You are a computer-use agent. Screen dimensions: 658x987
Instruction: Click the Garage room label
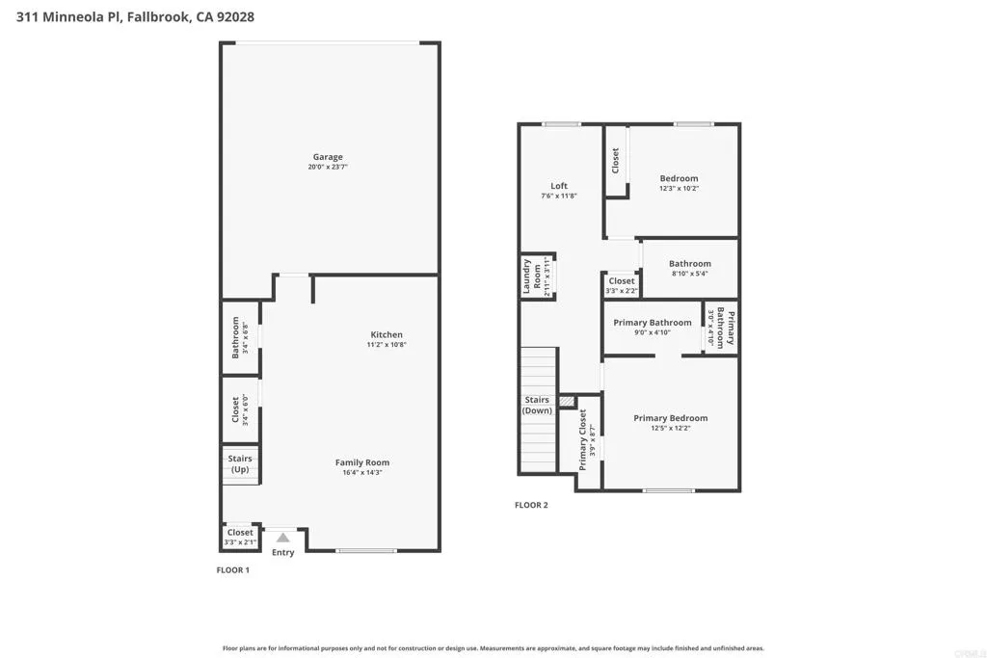327,157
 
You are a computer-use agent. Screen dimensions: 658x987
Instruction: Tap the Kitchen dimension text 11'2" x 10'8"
387,345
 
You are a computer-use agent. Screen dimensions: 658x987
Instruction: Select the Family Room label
362,462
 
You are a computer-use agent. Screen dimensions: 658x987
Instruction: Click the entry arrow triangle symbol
282,538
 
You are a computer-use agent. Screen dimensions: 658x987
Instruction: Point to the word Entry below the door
282,552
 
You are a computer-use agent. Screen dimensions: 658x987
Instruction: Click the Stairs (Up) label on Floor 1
240,463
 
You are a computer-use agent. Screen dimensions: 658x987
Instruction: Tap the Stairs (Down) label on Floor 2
537,405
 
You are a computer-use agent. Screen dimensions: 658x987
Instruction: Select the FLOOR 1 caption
232,570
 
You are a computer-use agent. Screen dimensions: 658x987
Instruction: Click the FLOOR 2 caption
531,505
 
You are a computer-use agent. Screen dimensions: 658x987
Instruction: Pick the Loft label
559,186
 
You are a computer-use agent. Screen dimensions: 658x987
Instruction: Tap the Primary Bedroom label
670,418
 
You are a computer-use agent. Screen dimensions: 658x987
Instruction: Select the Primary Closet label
582,439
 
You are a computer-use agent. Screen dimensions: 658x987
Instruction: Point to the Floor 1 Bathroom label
235,337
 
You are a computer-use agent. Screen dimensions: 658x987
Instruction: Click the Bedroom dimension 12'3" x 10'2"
679,189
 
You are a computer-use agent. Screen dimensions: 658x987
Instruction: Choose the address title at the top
136,16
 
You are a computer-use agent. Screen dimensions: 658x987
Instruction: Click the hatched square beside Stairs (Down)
567,400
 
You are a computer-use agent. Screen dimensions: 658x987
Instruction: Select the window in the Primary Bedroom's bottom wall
668,491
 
